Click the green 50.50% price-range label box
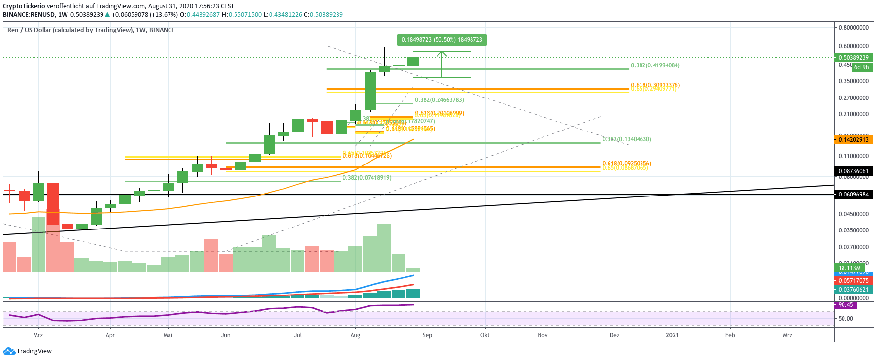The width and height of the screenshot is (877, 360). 441,40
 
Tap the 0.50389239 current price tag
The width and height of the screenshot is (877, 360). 853,58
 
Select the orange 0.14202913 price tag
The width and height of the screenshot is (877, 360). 853,140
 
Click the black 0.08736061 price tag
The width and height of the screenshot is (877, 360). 853,171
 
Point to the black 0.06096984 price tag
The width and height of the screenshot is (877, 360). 853,195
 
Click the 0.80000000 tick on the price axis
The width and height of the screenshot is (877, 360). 853,28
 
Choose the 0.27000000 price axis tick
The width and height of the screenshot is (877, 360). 853,98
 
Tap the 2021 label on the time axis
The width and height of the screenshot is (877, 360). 672,335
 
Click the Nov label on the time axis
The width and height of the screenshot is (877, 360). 542,335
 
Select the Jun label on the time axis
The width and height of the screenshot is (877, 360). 226,335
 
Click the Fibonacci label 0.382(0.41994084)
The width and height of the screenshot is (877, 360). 655,65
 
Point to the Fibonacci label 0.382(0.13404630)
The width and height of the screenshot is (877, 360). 626,139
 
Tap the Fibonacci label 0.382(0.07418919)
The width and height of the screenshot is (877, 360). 367,178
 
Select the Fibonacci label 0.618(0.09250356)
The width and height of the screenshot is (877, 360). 626,164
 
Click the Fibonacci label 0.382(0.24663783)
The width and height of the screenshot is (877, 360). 439,100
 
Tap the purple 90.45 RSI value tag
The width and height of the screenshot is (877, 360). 846,305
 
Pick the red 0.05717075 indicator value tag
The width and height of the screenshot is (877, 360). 853,281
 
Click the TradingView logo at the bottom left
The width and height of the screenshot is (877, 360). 28,351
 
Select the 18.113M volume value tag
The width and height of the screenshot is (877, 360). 849,268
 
